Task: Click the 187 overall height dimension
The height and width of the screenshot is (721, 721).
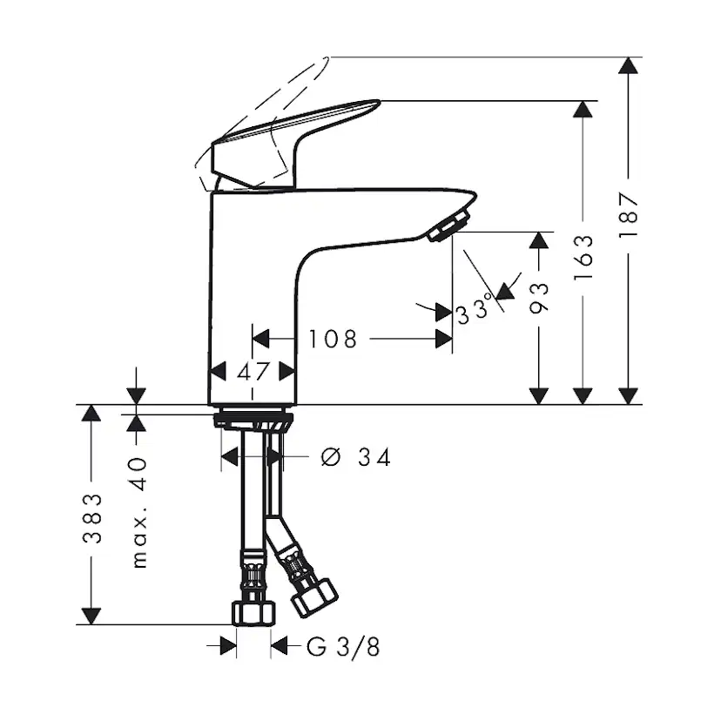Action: [x=628, y=214]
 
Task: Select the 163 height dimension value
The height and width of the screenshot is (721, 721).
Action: [x=583, y=257]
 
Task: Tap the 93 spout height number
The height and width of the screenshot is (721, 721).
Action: [x=539, y=298]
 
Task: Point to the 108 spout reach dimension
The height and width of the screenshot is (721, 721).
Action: [x=333, y=339]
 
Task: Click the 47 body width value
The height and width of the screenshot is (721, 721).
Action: [x=253, y=372]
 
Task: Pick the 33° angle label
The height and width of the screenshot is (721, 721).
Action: [x=474, y=310]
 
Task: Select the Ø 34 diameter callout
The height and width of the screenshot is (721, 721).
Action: [x=356, y=457]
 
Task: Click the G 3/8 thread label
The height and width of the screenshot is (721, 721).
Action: [x=343, y=647]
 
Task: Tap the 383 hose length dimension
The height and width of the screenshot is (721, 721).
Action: [x=91, y=518]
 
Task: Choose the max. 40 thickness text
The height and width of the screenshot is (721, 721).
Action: [x=138, y=513]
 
